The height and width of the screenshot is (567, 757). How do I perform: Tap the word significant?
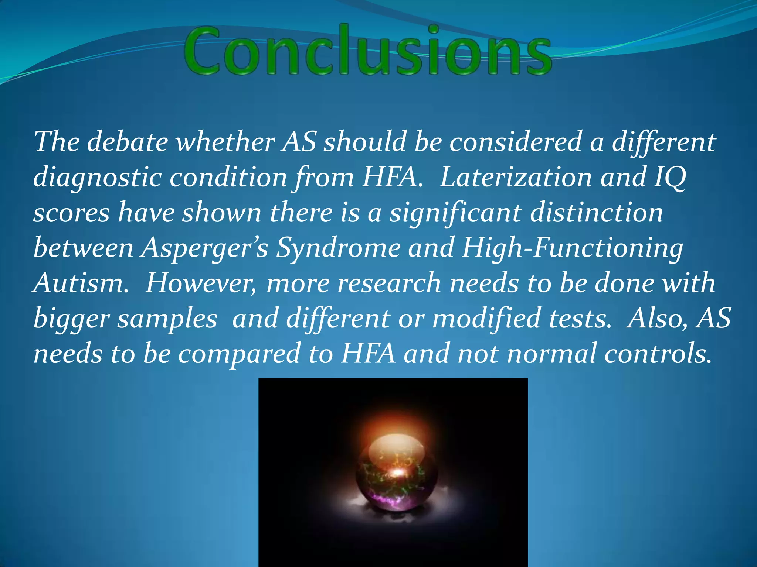[456, 213]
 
